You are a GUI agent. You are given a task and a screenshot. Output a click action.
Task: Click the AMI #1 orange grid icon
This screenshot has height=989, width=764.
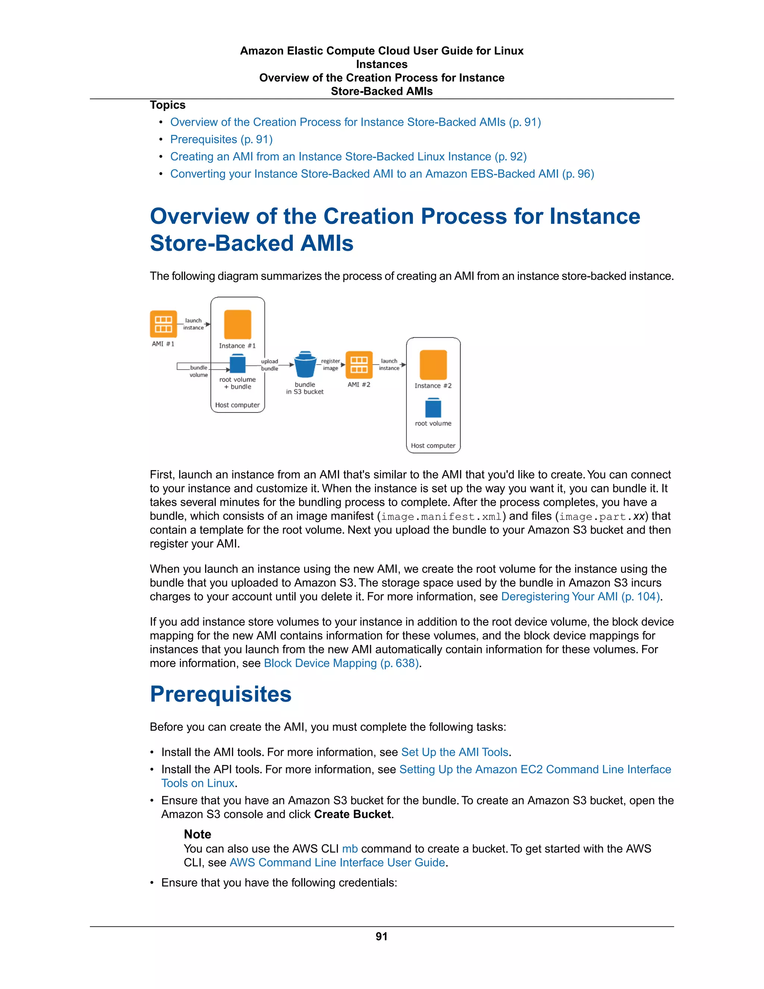click(x=163, y=324)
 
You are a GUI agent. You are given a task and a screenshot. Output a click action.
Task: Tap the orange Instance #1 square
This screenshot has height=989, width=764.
click(x=238, y=324)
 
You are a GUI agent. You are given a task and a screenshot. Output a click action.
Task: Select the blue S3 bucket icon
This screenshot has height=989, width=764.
click(x=305, y=365)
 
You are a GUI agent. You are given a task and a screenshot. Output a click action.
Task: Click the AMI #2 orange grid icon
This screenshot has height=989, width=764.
click(x=359, y=365)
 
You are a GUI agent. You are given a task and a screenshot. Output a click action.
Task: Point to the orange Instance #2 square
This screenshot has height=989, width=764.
click(x=433, y=365)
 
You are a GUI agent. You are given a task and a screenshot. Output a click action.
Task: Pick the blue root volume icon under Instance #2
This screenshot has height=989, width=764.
click(x=433, y=408)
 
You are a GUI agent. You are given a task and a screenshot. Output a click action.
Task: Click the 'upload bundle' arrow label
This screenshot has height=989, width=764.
click(x=269, y=365)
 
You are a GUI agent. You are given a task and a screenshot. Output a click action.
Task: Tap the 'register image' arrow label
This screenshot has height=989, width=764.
click(x=331, y=365)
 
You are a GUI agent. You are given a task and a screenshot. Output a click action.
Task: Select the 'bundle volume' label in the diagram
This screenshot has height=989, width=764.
click(x=199, y=371)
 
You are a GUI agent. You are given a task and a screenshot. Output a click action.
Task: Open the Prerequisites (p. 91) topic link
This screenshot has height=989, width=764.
click(x=221, y=140)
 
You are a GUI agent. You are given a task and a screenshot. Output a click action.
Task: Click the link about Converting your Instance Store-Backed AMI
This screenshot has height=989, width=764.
click(x=382, y=174)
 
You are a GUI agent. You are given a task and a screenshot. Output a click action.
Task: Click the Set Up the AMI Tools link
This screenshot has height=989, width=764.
click(x=455, y=752)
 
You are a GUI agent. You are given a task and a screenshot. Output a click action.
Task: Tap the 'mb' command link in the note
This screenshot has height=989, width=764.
click(x=350, y=849)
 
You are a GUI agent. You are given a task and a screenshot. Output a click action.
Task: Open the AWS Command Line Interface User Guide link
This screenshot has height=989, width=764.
click(x=337, y=862)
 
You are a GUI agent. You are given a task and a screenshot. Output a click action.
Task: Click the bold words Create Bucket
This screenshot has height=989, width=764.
click(x=353, y=814)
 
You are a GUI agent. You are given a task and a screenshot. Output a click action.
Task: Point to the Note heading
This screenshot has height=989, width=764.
click(x=197, y=834)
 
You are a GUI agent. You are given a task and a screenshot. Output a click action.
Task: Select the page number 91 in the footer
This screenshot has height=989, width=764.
click(x=382, y=936)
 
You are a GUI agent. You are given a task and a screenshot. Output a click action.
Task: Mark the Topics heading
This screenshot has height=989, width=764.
click(x=167, y=105)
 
